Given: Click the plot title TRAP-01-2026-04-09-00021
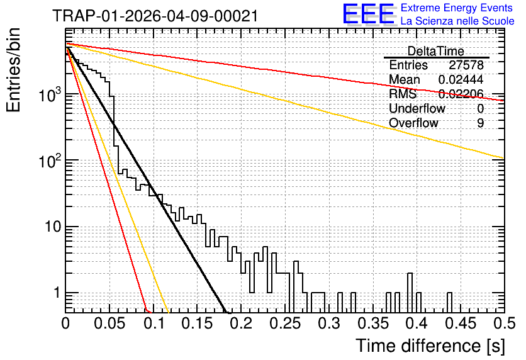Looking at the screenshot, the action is [x=155, y=16].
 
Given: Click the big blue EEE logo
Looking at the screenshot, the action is [x=369, y=14].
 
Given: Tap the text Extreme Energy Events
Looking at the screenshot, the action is [x=457, y=8].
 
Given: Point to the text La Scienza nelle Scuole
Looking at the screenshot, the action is [x=457, y=21].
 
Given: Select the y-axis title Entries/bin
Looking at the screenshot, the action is [x=13, y=70].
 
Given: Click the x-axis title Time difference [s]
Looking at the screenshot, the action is [x=430, y=346].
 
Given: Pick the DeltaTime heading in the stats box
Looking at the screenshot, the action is [x=436, y=51].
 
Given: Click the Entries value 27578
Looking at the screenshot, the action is [x=466, y=65].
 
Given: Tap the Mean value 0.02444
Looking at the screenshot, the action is [x=461, y=79].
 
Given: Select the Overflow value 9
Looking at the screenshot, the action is [x=480, y=123].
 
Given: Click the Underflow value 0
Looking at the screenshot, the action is [x=480, y=109].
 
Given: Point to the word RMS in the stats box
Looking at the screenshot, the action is [x=403, y=94].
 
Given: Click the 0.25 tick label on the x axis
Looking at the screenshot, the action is [x=285, y=323].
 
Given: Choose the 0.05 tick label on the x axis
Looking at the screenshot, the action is [x=109, y=323].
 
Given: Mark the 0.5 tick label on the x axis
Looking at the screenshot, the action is [x=504, y=323].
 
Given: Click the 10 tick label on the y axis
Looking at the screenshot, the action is [x=53, y=227].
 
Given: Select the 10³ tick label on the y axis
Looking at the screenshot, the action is [x=51, y=95].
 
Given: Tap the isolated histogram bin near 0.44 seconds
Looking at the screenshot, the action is [x=449, y=303].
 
